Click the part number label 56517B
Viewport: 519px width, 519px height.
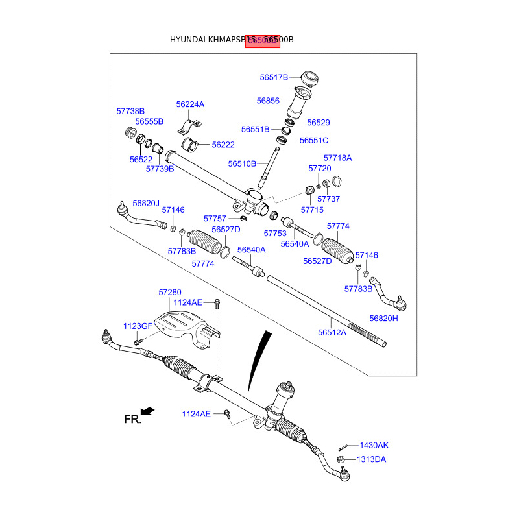(x=274, y=77)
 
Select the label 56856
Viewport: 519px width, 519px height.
(x=268, y=101)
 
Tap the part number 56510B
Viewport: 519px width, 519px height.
(x=243, y=163)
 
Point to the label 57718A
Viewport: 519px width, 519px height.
(x=337, y=158)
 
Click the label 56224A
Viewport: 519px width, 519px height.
(x=190, y=104)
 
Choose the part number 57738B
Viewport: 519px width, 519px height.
(x=130, y=111)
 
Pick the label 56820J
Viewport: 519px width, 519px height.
(x=146, y=203)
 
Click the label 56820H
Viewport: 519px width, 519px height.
(x=383, y=318)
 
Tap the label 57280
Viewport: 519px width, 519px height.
(x=170, y=293)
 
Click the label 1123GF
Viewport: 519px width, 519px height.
(x=138, y=326)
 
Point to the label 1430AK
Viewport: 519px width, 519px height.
(x=374, y=446)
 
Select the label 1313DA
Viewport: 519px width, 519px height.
(x=371, y=459)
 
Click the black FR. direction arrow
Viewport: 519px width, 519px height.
(x=148, y=411)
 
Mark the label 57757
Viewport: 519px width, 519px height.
(x=215, y=219)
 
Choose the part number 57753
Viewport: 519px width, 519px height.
(x=275, y=233)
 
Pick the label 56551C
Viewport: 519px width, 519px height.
(x=314, y=140)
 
